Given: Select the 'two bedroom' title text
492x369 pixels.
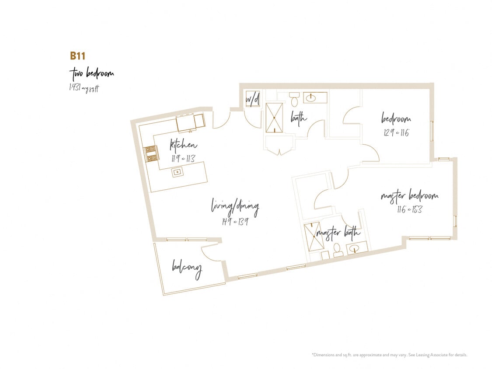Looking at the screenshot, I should pos(91,73).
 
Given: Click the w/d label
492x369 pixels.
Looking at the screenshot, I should pos(252,100).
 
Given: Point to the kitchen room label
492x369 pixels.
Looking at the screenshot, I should pos(183,145).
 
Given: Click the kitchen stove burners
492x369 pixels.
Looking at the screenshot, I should pos(151,153).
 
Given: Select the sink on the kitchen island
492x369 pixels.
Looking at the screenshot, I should pos(178,172).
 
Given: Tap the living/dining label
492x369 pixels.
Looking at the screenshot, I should pos(235,206).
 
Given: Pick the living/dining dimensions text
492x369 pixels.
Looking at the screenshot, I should pos(235,221).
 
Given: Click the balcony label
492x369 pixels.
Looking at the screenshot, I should pos(187,267).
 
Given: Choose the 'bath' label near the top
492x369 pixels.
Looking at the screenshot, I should pos(299,117).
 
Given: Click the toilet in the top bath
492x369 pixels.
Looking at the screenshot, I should pos(294,100).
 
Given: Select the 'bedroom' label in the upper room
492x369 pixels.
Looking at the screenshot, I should pos(396,118).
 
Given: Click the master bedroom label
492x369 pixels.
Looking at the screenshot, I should pos(409,196).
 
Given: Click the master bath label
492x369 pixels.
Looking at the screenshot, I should pos(338,233).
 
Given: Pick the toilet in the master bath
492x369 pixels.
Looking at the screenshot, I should pos(338,250).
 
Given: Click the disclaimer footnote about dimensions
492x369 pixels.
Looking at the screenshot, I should pos(389,355).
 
